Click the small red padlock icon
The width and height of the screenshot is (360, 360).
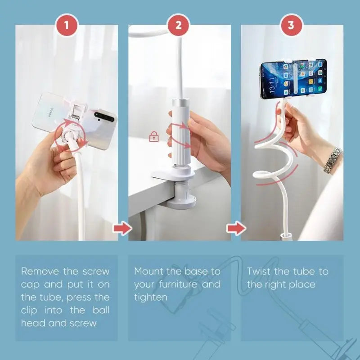click(x=153, y=137)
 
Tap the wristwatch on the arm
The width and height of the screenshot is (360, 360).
click(x=333, y=160)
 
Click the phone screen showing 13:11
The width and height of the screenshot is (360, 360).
click(x=293, y=79)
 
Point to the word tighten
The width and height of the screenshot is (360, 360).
click(x=151, y=297)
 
